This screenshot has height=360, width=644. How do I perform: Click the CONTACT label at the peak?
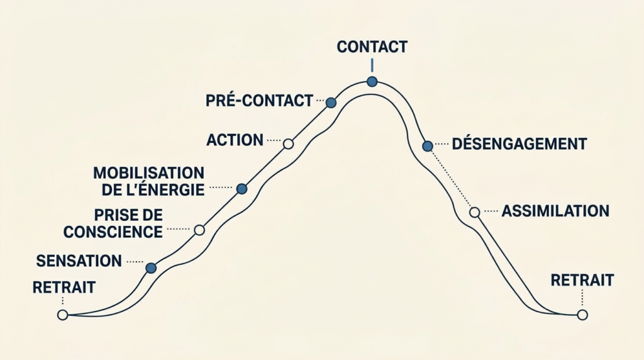click(x=372, y=47)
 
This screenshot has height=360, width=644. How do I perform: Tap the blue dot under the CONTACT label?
click(x=372, y=81)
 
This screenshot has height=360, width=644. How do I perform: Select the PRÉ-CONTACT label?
click(x=259, y=100)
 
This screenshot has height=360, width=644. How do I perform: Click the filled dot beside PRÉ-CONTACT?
click(x=331, y=103)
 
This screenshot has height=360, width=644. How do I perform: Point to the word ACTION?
click(x=235, y=140)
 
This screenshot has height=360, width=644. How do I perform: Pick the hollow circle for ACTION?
click(x=288, y=143)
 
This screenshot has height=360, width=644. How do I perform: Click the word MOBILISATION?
click(x=148, y=172)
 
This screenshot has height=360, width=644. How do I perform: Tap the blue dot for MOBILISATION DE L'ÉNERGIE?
click(x=241, y=188)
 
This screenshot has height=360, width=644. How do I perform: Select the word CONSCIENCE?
click(x=113, y=232)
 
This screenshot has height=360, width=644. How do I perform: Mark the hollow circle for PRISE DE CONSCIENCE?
click(x=199, y=230)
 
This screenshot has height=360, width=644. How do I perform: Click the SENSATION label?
click(x=79, y=261)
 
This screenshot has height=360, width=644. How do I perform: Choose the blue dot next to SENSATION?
click(x=151, y=268)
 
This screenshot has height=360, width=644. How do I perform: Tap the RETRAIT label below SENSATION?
click(x=64, y=288)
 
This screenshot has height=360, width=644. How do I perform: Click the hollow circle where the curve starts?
click(x=62, y=315)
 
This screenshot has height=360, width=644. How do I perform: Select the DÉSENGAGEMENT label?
click(x=519, y=143)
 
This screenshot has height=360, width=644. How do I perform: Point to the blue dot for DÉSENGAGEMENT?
click(x=428, y=146)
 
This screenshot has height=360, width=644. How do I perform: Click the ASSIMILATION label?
click(x=555, y=211)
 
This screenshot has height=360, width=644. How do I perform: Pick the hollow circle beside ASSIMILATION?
click(x=475, y=212)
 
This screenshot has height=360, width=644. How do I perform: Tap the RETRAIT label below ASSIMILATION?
click(x=582, y=280)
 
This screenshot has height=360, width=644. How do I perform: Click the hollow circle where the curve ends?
click(x=582, y=315)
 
